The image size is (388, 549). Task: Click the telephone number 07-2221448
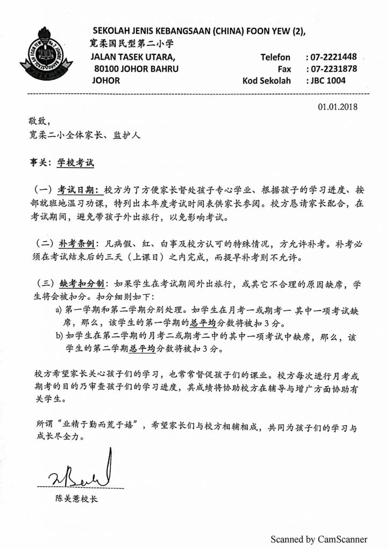click(331, 57)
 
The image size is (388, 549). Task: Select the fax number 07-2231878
click(331, 69)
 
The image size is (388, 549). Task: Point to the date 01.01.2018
click(338, 106)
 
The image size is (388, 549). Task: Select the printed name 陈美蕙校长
click(77, 499)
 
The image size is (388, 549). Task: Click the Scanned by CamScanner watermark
click(319, 539)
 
